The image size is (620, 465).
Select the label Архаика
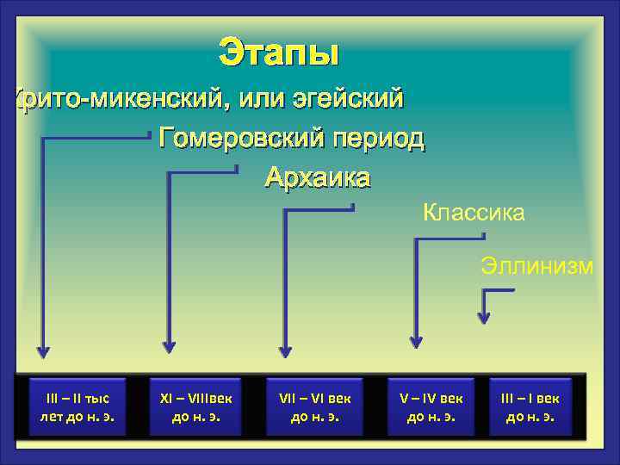pos(317,177)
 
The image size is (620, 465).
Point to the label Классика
pos(473,212)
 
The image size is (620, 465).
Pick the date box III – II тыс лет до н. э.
pos(77,408)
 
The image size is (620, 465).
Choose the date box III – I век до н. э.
pos(530,408)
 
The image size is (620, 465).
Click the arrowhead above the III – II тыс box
pos(42,351)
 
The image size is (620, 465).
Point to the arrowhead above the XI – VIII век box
pos(169,346)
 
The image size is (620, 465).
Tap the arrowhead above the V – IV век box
pos(416,341)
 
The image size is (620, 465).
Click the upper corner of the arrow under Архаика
pos(285,209)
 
